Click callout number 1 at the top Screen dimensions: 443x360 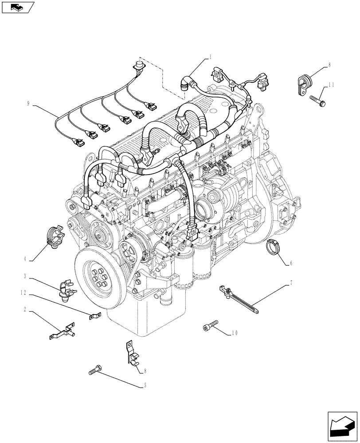(211, 57)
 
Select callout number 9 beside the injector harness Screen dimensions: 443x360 (28, 104)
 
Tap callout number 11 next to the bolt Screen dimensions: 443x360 (331, 84)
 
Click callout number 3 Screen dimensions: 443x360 (26, 277)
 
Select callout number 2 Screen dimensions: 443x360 (26, 311)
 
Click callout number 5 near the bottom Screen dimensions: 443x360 (145, 385)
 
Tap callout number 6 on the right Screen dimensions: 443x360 (291, 263)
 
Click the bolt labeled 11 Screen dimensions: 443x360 (318, 100)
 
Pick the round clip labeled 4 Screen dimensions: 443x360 (55, 235)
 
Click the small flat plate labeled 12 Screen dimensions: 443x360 (94, 316)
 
